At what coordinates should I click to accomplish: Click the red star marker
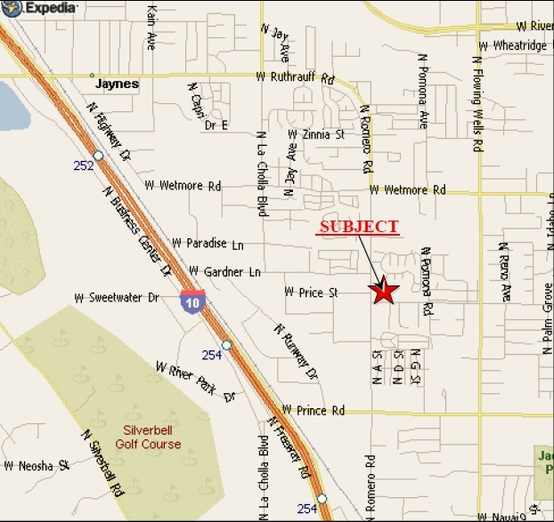coord(384,291)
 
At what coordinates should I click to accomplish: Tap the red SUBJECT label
coord(359,227)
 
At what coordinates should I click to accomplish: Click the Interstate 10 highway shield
coord(191,301)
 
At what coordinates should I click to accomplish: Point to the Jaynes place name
coord(117,84)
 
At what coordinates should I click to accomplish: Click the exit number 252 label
coord(84,165)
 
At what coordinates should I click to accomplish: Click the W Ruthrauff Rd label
coord(294,77)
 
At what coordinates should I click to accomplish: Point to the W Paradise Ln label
coord(208,243)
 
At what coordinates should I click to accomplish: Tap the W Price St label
coord(311,291)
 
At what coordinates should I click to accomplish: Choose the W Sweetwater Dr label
coord(123,298)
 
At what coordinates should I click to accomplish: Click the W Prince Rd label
coord(313,411)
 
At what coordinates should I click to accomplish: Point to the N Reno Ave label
coord(504,272)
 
